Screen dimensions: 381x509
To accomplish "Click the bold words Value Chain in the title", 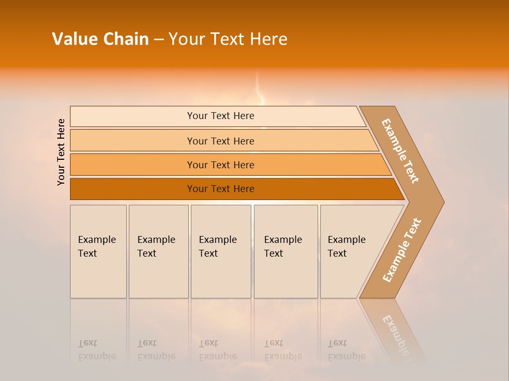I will click(x=100, y=39).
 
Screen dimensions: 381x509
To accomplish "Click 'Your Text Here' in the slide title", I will click(x=228, y=39).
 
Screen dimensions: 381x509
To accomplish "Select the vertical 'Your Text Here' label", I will click(x=62, y=152).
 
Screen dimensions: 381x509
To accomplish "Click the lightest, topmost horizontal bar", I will click(x=220, y=116).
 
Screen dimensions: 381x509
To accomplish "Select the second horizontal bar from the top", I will click(x=220, y=141).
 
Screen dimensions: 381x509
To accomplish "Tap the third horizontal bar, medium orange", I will click(x=220, y=165).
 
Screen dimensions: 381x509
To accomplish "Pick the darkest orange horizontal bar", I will click(x=220, y=189).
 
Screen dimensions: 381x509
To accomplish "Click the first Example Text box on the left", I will click(x=98, y=251).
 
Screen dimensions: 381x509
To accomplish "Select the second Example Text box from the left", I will click(x=159, y=251).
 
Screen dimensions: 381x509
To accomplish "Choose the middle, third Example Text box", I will click(x=221, y=251).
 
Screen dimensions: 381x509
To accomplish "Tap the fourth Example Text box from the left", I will click(x=286, y=251).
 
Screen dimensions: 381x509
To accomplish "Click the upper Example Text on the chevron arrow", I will click(x=400, y=151).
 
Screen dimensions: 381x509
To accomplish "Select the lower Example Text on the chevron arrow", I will click(x=402, y=250).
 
